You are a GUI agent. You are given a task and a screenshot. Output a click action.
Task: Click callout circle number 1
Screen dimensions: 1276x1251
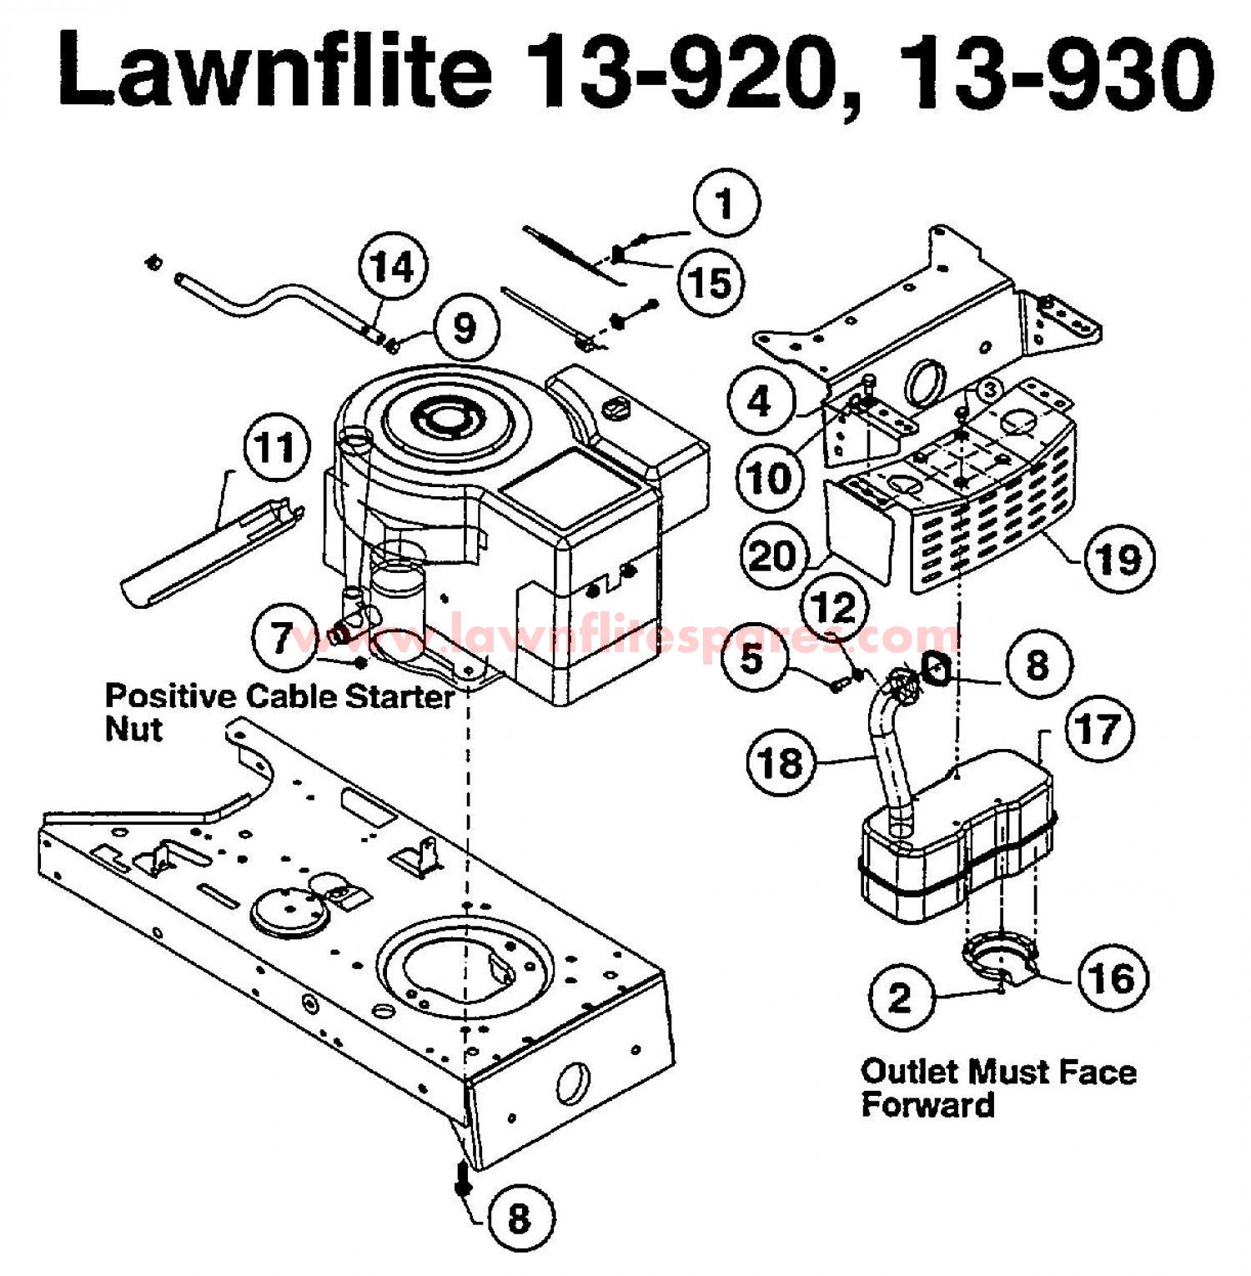(726, 204)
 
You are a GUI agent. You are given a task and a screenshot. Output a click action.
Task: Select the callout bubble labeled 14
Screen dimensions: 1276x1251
(393, 269)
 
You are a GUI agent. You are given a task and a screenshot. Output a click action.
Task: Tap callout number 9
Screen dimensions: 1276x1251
(465, 328)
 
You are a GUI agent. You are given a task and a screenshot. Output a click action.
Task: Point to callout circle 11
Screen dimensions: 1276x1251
(275, 449)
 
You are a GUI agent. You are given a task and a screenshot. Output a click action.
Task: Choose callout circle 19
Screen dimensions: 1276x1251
(1118, 558)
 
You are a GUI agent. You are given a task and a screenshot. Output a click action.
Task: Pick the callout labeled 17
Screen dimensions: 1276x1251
(1099, 728)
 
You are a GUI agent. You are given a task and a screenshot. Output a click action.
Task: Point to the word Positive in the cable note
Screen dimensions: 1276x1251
(170, 695)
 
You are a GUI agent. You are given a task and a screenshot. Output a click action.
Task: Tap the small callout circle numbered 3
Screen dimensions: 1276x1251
(988, 389)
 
